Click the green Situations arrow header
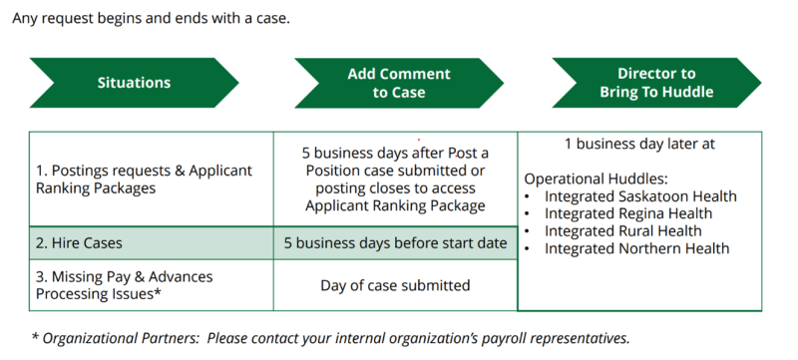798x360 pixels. [134, 83]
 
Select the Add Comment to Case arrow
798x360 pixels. [399, 83]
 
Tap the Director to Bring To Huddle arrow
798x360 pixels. [656, 83]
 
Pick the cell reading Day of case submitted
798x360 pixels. [395, 285]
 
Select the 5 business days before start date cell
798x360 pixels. [395, 242]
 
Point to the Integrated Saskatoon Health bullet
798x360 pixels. [640, 196]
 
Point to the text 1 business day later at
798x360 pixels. [639, 144]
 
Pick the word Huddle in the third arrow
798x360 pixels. [688, 93]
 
